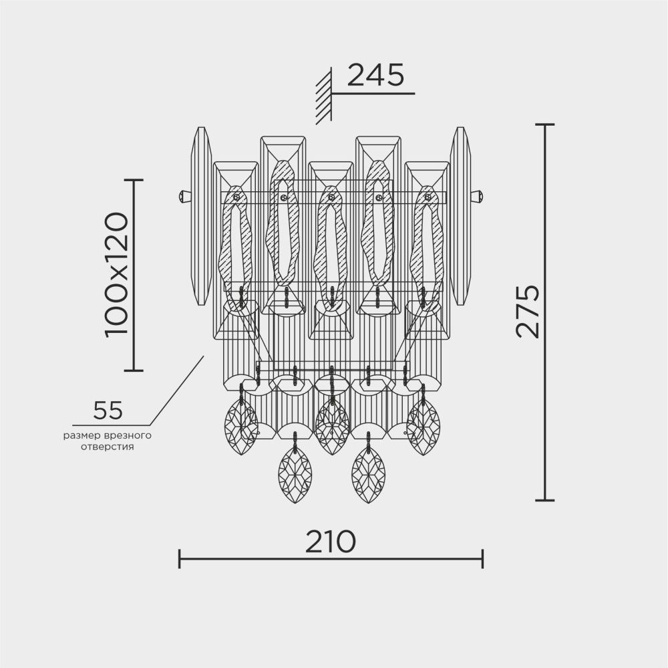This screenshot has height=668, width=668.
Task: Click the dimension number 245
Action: pos(375,76)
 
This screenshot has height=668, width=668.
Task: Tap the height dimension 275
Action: pos(528,311)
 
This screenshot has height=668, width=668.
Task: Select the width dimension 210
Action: pos(330,542)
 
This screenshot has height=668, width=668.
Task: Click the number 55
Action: pos(108,411)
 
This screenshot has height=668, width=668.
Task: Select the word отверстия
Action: pos(107,447)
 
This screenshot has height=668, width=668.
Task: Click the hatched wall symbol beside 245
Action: pos(324,95)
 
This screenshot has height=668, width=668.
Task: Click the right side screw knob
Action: pos(477,197)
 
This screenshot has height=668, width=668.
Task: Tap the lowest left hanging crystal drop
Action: pos(294,475)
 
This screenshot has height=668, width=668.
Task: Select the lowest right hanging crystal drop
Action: pos(368,475)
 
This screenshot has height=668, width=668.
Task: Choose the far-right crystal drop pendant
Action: pos(424,426)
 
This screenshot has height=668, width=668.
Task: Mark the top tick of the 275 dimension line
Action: pos(545,125)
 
